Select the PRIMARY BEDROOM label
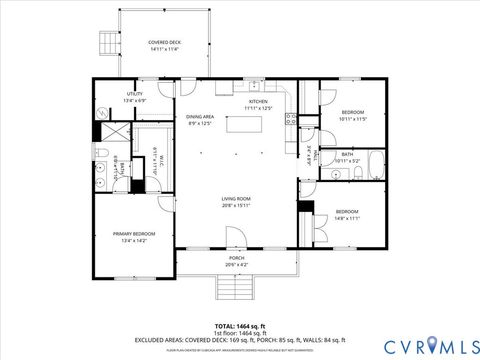[x=133, y=237]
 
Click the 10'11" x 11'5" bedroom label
[x=353, y=115]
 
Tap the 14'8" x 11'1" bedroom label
[x=347, y=215]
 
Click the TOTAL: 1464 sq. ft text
[x=239, y=326]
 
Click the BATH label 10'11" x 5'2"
[x=347, y=157]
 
